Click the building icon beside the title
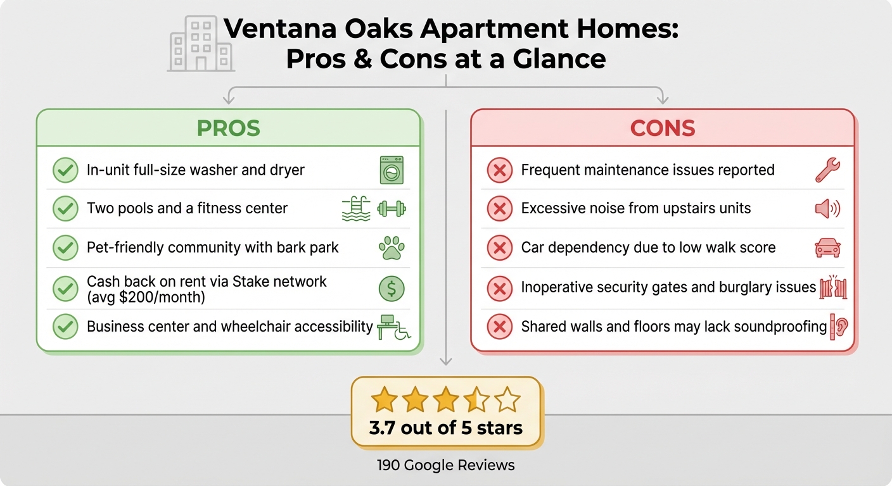tap(200, 43)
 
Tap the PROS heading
tap(228, 128)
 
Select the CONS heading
tap(663, 128)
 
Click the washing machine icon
tap(392, 170)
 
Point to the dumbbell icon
tap(392, 208)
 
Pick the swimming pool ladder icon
tap(356, 208)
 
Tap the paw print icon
tap(392, 248)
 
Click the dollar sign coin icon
tap(392, 289)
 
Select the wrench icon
tap(827, 170)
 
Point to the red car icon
tap(827, 247)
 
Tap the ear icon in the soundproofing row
tap(839, 327)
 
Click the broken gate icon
tap(833, 287)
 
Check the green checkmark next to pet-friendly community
tap(65, 248)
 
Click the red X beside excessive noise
tap(499, 209)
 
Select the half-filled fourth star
tap(476, 400)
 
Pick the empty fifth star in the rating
tap(507, 400)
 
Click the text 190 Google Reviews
tap(445, 466)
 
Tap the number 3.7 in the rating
tap(383, 428)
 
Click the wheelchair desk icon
tap(393, 327)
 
